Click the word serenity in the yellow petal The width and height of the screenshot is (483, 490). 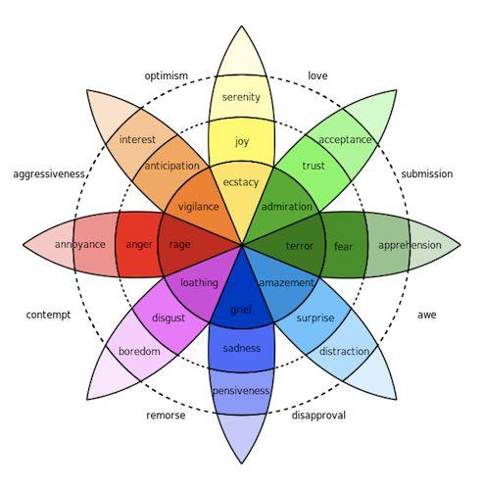pos(241,97)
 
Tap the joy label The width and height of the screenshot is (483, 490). pos(242,141)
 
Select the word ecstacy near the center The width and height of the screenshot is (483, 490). pos(241,183)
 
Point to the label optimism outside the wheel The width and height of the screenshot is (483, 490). pos(166,75)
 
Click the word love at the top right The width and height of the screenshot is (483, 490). pos(317,75)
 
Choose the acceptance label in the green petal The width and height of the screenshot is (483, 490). pos(346,140)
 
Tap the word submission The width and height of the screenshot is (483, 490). pos(427,174)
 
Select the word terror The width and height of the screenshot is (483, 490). pos(299,245)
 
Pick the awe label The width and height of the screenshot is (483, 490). pos(427,316)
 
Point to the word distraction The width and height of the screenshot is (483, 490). pos(345,351)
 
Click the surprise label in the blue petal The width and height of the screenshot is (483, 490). pos(315,318)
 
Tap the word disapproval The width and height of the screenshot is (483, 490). pos(318,416)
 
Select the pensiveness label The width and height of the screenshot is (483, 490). pos(241,391)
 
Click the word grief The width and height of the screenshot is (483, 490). pos(241,310)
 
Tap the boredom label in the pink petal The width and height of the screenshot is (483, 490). pos(139,351)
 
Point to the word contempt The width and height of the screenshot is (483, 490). pos(48,316)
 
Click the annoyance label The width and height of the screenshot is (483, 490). pos(80,244)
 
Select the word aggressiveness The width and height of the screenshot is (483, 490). pos(50,174)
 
